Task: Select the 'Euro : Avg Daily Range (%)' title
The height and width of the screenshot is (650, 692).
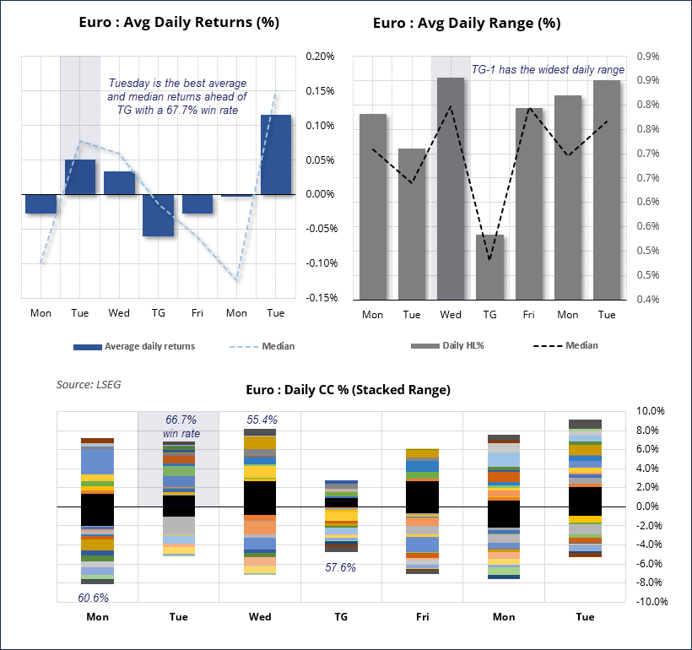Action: click(x=467, y=24)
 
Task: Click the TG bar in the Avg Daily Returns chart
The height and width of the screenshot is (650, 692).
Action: click(x=158, y=215)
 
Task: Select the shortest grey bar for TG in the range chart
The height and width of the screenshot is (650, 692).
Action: click(x=489, y=266)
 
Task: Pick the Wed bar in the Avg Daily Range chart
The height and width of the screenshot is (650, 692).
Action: click(x=451, y=187)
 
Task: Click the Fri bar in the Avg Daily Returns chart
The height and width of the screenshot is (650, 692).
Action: click(x=197, y=203)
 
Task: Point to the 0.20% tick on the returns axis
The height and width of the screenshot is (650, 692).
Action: click(x=320, y=57)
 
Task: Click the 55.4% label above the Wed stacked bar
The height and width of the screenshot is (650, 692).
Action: click(x=262, y=420)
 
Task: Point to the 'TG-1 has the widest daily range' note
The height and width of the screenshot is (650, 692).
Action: click(x=548, y=69)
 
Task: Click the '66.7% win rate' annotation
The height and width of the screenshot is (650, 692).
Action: click(x=180, y=426)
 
